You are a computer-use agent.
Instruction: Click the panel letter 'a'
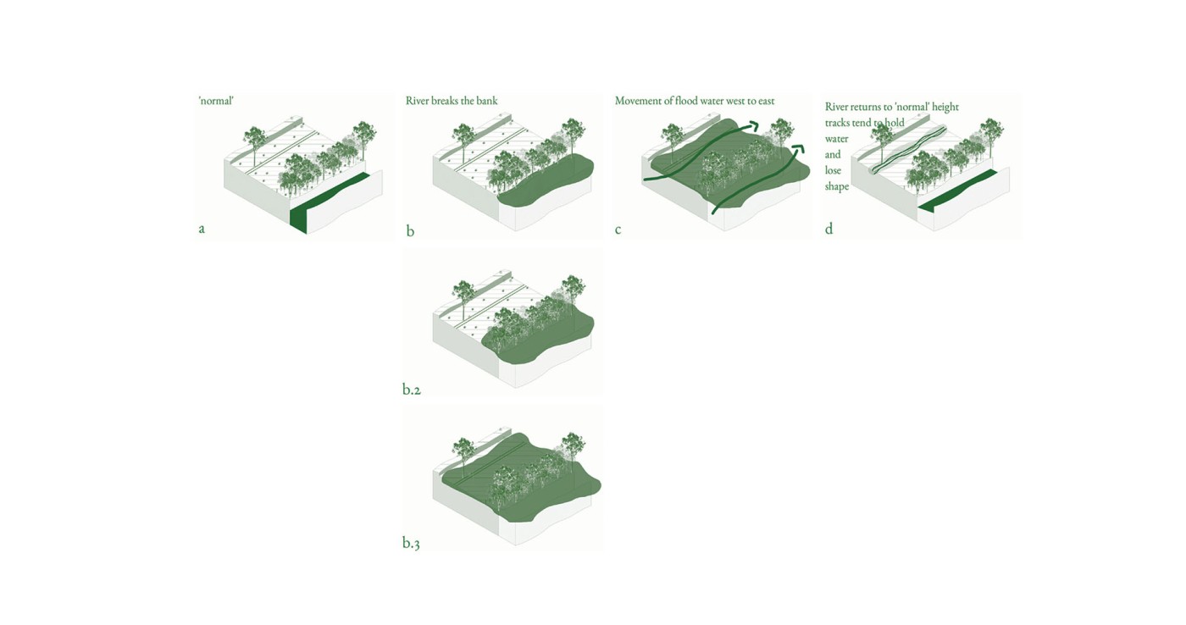pyautogui.click(x=202, y=229)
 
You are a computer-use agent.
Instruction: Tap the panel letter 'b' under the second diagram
pyautogui.click(x=410, y=231)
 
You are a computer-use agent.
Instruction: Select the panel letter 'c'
pyautogui.click(x=618, y=230)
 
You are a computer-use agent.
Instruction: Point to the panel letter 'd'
pyautogui.click(x=829, y=229)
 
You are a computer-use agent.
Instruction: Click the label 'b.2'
pyautogui.click(x=412, y=390)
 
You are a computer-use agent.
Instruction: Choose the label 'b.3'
pyautogui.click(x=411, y=543)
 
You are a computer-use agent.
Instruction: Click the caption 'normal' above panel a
pyautogui.click(x=216, y=101)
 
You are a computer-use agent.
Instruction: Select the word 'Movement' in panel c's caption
pyautogui.click(x=639, y=101)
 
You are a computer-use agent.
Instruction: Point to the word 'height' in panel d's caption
pyautogui.click(x=945, y=107)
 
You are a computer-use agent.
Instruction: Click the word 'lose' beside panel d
pyautogui.click(x=833, y=170)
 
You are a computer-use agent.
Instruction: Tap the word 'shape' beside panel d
pyautogui.click(x=836, y=186)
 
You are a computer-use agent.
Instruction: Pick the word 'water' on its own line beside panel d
pyautogui.click(x=836, y=139)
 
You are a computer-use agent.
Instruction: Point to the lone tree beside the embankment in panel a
pyautogui.click(x=254, y=137)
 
